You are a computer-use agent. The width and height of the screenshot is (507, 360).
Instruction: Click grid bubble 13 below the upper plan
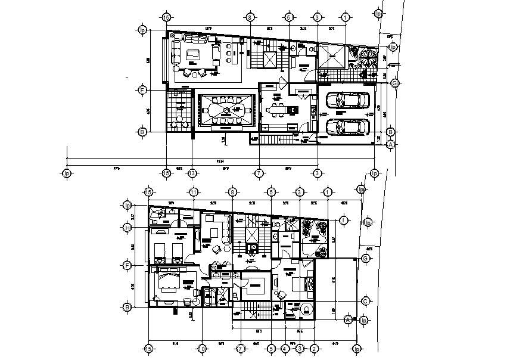pos(192,173)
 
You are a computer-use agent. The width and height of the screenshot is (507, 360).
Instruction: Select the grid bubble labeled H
pos(127,227)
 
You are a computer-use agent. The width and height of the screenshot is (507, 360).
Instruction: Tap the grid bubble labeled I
pos(344,221)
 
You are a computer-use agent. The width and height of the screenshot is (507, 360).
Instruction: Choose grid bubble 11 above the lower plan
pos(194,192)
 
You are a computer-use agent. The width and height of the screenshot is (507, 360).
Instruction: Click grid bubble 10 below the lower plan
pos(202,348)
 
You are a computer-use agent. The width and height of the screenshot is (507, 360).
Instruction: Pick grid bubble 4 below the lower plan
pos(285,348)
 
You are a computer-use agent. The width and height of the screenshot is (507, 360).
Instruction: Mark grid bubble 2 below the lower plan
pos(313,348)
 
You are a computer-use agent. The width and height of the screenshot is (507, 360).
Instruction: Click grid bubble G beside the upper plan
pos(394,83)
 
